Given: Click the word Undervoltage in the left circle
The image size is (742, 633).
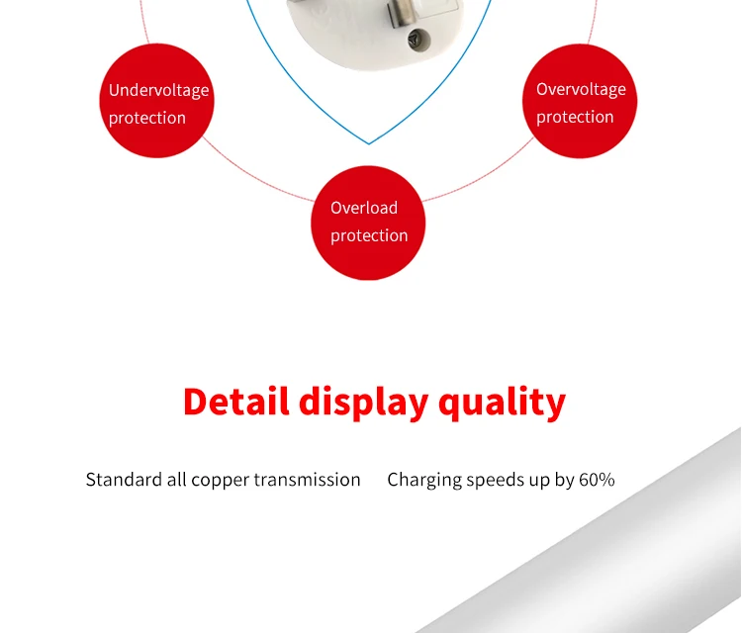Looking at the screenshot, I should pos(158,90).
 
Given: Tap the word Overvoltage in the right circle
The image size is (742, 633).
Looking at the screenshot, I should pos(581,89).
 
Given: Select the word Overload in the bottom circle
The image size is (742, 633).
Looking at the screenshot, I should pos(364,208).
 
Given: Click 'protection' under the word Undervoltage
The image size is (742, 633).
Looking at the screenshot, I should pos(147,118).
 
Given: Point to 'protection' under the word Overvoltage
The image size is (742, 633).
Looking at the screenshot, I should pos(575,117).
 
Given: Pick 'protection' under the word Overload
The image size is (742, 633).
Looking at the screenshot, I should pos(369,235).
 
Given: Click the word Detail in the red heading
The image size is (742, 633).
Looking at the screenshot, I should pos(236,403).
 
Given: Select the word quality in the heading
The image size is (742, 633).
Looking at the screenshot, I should pos(502,403).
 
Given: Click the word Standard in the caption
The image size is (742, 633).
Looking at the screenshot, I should pos(121,480).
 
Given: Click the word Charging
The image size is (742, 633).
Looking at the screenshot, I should pos(424,480).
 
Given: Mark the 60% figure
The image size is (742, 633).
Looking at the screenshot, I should pos(597,480).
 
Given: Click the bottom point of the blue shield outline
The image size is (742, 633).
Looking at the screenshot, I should pos(369,144).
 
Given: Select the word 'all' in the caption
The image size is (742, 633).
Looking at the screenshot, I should pos(176,480).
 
